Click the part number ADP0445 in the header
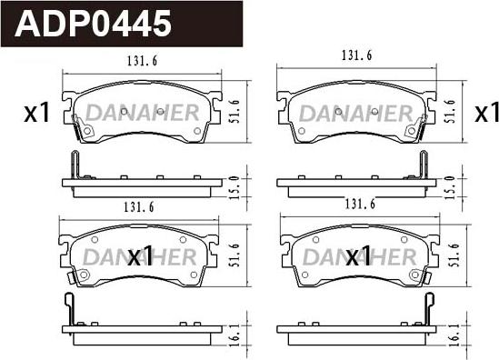[x=93, y=24]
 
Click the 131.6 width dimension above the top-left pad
[x=143, y=61]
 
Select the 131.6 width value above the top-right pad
[x=356, y=55]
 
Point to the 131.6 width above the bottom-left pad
[x=139, y=207]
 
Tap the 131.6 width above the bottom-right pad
[x=360, y=204]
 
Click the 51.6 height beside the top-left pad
[x=234, y=111]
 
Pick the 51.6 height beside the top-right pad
[x=449, y=111]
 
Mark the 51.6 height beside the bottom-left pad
[x=234, y=255]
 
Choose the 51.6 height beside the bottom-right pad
[x=453, y=255]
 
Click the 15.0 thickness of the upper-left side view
[x=235, y=187]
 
